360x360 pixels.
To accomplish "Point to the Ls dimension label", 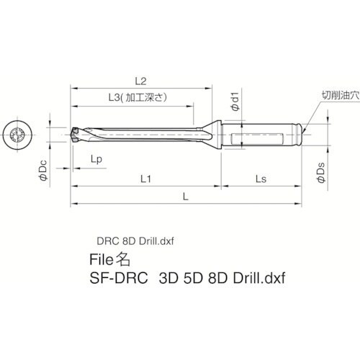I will [x=261, y=176].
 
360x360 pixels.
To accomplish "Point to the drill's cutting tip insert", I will [x=77, y=132].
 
